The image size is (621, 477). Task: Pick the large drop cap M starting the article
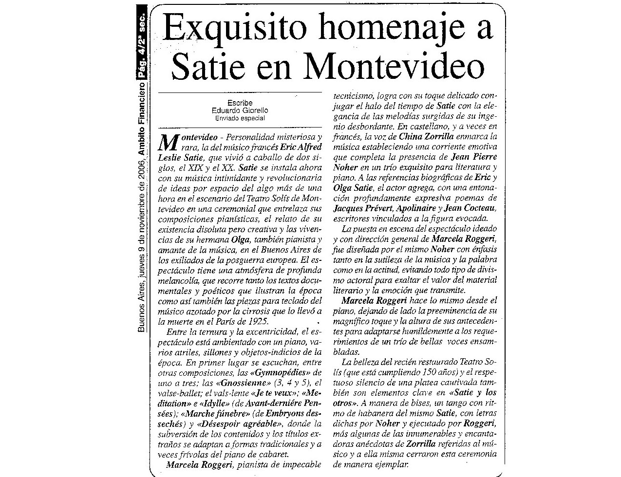pos(168,142)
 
